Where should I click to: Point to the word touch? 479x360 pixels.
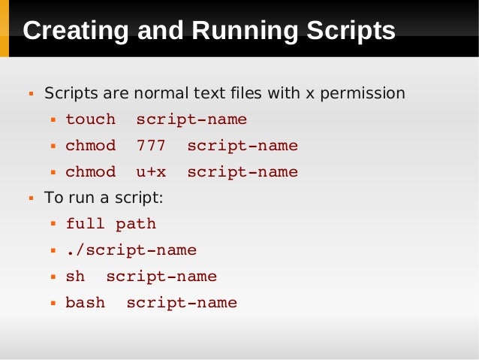click(91, 119)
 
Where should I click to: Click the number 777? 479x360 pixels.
click(151, 146)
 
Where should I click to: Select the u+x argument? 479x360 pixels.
click(151, 172)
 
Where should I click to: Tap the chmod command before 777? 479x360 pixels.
click(91, 146)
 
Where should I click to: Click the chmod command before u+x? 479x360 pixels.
click(91, 172)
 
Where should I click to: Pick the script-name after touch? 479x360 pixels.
click(191, 119)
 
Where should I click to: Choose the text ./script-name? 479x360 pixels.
click(131, 250)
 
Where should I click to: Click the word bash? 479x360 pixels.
click(86, 303)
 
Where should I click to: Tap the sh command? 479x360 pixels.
click(75, 277)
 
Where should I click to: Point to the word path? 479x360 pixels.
click(136, 224)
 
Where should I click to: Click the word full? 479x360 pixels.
click(86, 224)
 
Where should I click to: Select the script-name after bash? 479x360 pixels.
click(182, 303)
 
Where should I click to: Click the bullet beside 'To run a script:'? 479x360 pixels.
click(32, 199)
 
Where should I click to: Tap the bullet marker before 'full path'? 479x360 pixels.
click(53, 225)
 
